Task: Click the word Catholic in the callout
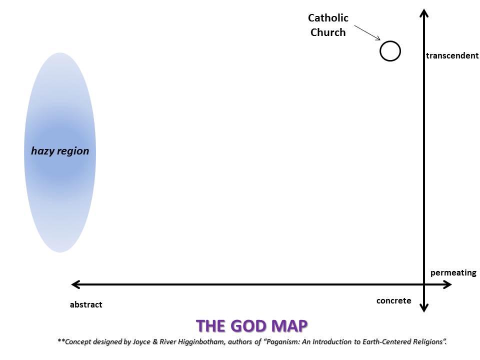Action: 328,18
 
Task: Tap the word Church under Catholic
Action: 328,32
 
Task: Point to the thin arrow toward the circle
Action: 367,33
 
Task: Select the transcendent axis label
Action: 452,55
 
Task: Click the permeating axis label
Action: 453,273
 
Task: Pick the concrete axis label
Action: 393,300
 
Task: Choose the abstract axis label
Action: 86,304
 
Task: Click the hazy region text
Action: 60,151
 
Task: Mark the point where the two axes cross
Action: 424,284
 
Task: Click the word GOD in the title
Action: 250,325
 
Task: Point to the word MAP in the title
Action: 290,325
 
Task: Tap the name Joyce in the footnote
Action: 141,341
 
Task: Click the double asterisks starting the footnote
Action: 61,340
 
